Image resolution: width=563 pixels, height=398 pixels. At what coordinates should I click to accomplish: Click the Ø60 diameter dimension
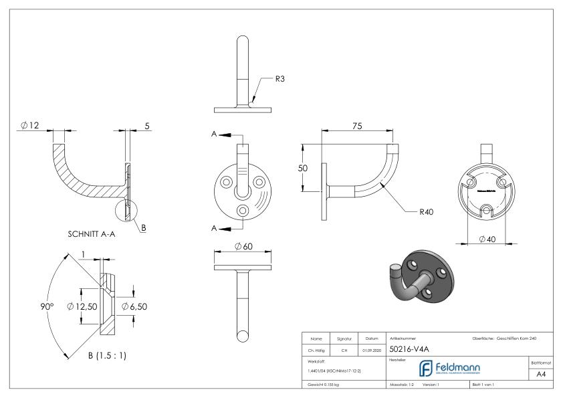pos(244,247)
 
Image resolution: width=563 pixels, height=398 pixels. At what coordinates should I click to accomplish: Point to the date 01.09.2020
pos(371,349)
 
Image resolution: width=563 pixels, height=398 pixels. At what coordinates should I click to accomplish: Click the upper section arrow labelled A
pos(223,134)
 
